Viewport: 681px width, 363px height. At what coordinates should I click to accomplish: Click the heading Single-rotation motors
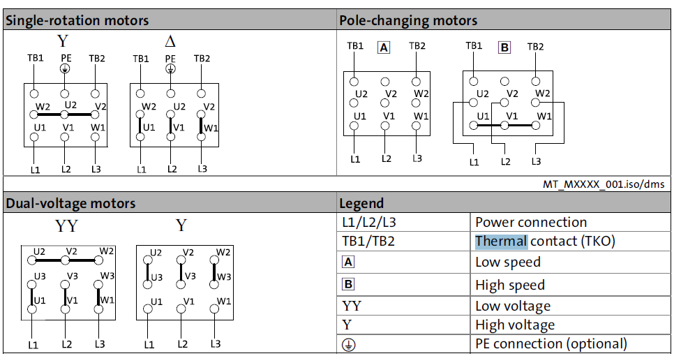(x=77, y=20)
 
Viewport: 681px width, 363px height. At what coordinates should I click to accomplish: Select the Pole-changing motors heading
(x=408, y=20)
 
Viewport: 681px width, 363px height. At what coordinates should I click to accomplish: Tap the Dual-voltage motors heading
(x=70, y=203)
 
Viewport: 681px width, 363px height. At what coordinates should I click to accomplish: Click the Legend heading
(x=361, y=203)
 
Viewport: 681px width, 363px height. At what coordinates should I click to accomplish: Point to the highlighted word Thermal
(x=501, y=241)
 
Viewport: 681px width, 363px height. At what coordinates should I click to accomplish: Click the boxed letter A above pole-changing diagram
(x=384, y=47)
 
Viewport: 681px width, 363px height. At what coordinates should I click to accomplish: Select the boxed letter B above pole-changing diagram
(x=504, y=47)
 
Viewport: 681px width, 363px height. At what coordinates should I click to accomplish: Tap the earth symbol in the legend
(x=348, y=345)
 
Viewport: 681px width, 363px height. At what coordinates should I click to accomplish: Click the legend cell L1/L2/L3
(x=369, y=223)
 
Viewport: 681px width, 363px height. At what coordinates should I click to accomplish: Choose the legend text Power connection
(x=531, y=222)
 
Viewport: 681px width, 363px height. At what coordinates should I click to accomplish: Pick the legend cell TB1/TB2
(x=368, y=241)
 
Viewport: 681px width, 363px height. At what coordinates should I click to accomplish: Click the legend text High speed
(x=510, y=286)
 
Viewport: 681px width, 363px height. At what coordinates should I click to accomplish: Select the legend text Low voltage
(x=513, y=306)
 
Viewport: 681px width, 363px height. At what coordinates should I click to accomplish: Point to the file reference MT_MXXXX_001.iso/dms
(x=604, y=184)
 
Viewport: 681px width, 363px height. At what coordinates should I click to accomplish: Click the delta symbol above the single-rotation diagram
(x=170, y=42)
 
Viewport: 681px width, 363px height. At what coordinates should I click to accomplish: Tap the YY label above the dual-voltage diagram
(x=66, y=226)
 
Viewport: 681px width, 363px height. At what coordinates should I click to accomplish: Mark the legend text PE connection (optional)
(x=551, y=344)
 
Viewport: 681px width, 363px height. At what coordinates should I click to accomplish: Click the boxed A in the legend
(x=348, y=262)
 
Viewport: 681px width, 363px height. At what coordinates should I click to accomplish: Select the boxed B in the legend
(x=348, y=284)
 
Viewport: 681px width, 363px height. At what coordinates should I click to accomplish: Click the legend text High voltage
(x=515, y=325)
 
